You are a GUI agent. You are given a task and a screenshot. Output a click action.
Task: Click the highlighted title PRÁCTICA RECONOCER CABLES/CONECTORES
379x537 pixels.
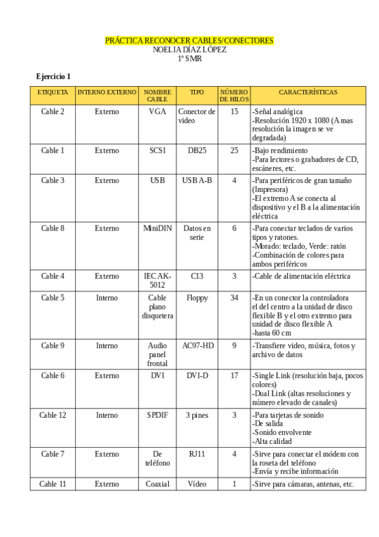point(189,41)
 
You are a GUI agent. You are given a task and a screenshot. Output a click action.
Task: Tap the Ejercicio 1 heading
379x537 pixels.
point(53,76)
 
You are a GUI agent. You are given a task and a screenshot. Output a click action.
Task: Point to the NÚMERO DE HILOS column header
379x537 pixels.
point(234,96)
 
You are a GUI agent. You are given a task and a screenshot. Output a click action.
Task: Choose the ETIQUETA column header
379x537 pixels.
point(53,92)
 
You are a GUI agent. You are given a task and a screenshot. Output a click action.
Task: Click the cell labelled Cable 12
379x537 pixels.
point(53,415)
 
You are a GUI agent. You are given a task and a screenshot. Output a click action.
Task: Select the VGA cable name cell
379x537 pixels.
point(157,111)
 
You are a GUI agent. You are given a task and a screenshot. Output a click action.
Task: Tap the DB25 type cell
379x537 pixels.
point(197,150)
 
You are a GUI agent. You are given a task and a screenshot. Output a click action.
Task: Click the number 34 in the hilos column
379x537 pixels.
point(234,297)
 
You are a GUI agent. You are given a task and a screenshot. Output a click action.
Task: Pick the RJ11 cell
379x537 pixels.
point(197,453)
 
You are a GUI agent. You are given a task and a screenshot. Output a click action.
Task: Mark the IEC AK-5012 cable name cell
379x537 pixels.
point(157,281)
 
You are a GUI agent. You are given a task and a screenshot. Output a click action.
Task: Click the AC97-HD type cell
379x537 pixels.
point(197,346)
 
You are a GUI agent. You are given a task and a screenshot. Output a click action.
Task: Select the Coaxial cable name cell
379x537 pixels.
point(157,484)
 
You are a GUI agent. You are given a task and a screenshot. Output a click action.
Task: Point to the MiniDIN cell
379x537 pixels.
point(157,228)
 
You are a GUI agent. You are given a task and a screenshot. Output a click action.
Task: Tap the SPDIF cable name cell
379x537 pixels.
point(157,415)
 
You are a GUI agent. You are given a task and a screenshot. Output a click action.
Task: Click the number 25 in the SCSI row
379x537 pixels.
point(234,150)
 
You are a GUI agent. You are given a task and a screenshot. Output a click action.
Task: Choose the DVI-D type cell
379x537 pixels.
point(197,376)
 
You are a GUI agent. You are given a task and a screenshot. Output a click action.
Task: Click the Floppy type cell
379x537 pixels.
point(197,297)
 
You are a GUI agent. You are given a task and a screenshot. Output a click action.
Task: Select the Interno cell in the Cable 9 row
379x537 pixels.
point(107,346)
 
